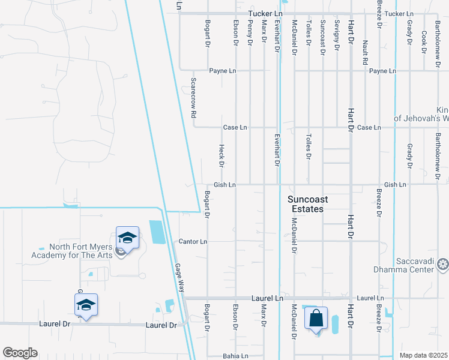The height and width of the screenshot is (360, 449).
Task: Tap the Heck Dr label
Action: point(221,155)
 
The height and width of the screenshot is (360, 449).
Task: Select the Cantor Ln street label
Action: point(193,241)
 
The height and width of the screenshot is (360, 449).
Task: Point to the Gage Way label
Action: point(179,278)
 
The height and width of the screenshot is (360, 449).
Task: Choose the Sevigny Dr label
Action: point(337,37)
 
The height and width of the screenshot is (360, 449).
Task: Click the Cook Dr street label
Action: point(424,41)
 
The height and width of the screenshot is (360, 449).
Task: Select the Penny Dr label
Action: point(250,37)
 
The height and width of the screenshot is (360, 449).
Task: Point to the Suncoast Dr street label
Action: point(322,37)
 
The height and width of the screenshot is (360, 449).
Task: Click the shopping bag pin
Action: point(316,319)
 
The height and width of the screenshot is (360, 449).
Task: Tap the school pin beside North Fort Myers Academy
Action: point(127,238)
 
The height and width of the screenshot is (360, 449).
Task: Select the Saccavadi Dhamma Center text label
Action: point(415,265)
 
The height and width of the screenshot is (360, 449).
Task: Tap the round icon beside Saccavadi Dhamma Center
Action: point(443,264)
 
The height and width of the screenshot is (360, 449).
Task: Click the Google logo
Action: point(20,353)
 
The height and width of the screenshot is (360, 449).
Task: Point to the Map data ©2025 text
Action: point(423,355)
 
